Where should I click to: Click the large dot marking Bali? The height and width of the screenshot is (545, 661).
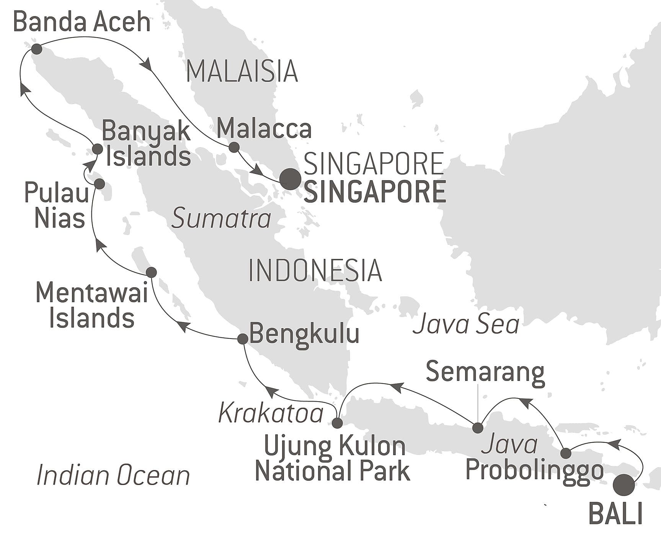pos(623,485)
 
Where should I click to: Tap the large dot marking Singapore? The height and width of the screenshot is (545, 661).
pos(290,179)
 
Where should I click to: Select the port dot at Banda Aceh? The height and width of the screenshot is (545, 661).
pos(37,49)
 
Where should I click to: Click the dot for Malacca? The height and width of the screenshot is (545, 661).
pos(234,147)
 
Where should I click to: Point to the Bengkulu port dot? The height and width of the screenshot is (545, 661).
pos(243,339)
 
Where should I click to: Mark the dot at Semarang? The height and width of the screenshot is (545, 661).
pos(478,428)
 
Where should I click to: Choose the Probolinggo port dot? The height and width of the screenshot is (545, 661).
pos(566,454)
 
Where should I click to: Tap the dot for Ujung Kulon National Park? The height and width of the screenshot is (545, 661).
pos(337,423)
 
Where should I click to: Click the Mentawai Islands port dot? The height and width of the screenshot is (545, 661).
pos(152,272)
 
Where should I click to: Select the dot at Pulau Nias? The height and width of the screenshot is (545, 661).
pos(99,184)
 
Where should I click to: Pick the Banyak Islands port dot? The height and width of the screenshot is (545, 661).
pos(98,149)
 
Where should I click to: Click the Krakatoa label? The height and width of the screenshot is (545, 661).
pos(271,413)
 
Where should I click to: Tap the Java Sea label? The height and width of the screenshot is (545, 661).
pos(466,324)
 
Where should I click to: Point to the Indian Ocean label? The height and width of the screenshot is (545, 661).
pos(113,475)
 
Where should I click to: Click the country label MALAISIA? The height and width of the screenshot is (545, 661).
pos(242,72)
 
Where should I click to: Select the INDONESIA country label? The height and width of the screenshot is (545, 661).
pos(315,270)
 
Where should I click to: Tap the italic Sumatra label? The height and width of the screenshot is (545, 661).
pos(221,219)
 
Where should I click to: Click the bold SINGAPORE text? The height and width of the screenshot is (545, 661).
pos(375,192)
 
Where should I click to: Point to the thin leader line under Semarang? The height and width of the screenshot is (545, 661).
pos(478,402)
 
